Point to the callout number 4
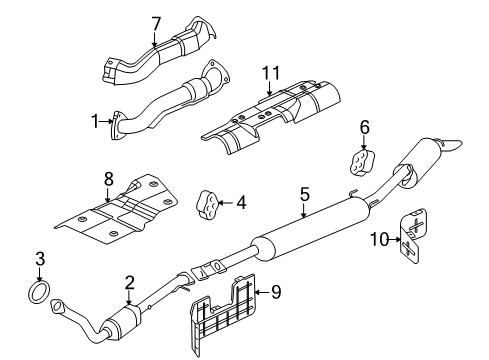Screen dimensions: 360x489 pos(241,203)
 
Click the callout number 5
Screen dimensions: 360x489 pos(304,194)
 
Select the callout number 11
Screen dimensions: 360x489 pos(268,75)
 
